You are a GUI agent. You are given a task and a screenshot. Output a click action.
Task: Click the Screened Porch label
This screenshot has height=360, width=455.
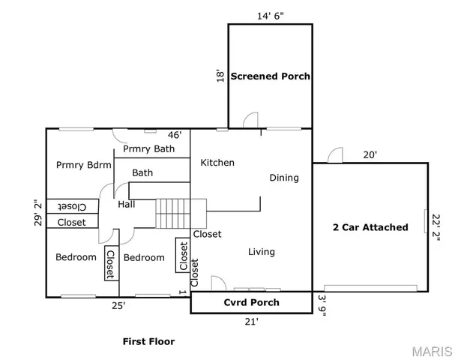(x=270, y=76)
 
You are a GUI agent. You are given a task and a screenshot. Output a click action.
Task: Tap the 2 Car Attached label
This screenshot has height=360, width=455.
(x=370, y=227)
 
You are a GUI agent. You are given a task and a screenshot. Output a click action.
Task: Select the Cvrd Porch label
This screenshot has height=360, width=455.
(x=252, y=302)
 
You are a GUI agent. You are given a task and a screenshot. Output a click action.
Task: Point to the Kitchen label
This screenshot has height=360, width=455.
(x=217, y=163)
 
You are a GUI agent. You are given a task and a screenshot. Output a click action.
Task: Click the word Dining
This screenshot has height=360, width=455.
(x=284, y=178)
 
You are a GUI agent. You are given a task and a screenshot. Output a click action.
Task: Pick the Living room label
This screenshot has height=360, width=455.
(x=262, y=252)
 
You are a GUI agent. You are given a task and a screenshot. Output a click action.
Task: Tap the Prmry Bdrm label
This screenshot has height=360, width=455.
(x=83, y=165)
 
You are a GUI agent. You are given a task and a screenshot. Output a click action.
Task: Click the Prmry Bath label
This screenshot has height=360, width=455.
(x=149, y=149)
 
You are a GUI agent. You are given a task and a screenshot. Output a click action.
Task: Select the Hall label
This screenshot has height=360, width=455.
(x=127, y=205)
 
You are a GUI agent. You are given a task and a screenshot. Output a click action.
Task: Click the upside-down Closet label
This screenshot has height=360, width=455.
(x=72, y=207)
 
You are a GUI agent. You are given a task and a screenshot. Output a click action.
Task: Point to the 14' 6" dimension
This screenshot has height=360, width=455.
(x=270, y=16)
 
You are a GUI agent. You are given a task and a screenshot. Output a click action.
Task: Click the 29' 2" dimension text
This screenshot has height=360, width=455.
(x=38, y=212)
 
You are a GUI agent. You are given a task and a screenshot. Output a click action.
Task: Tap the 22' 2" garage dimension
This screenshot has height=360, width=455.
(x=436, y=227)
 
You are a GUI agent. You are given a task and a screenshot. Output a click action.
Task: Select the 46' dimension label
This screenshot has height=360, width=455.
(x=175, y=135)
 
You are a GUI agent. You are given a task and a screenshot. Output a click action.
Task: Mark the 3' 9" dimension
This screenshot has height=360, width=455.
(x=322, y=306)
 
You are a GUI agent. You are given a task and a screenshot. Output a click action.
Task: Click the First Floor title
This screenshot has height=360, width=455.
(x=148, y=341)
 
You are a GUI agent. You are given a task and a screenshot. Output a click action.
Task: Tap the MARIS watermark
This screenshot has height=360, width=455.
(x=432, y=351)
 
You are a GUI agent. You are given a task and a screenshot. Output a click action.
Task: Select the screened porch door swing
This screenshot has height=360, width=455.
(x=250, y=120)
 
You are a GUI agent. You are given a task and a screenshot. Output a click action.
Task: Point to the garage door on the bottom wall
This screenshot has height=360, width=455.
(x=370, y=288)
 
